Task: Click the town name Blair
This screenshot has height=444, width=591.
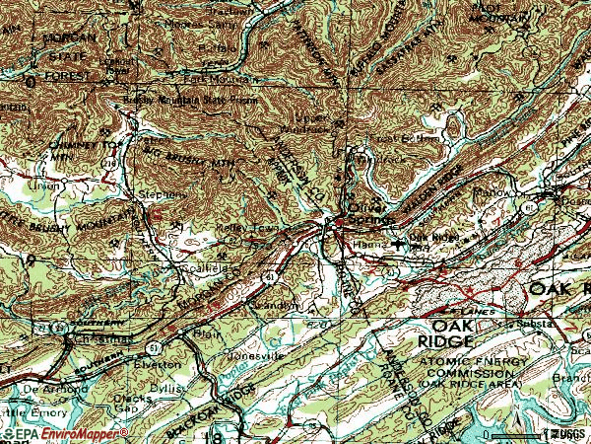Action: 208,333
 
